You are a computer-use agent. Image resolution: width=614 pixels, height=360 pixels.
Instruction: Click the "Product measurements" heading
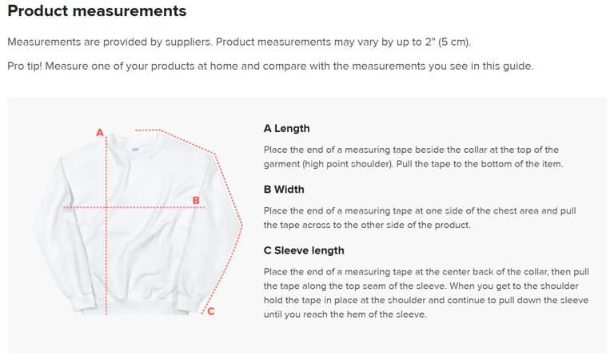click(x=97, y=11)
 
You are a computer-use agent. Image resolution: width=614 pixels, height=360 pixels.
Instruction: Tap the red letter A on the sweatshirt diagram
click(x=100, y=133)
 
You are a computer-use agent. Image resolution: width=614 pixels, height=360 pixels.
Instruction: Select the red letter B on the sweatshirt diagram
click(x=196, y=201)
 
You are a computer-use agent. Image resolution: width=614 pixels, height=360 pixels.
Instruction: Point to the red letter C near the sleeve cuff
click(x=211, y=311)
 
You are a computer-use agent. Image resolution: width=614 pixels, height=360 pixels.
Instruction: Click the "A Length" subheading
click(x=287, y=129)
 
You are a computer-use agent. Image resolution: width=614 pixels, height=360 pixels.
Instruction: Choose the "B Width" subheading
click(x=284, y=190)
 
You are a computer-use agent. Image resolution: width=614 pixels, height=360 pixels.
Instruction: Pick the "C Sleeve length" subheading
click(x=304, y=250)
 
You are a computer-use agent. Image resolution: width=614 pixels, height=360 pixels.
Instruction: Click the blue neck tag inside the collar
click(x=135, y=150)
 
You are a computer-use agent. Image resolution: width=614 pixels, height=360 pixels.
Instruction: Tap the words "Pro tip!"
click(x=25, y=66)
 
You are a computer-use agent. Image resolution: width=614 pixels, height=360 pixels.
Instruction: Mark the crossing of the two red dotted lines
click(x=106, y=207)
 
